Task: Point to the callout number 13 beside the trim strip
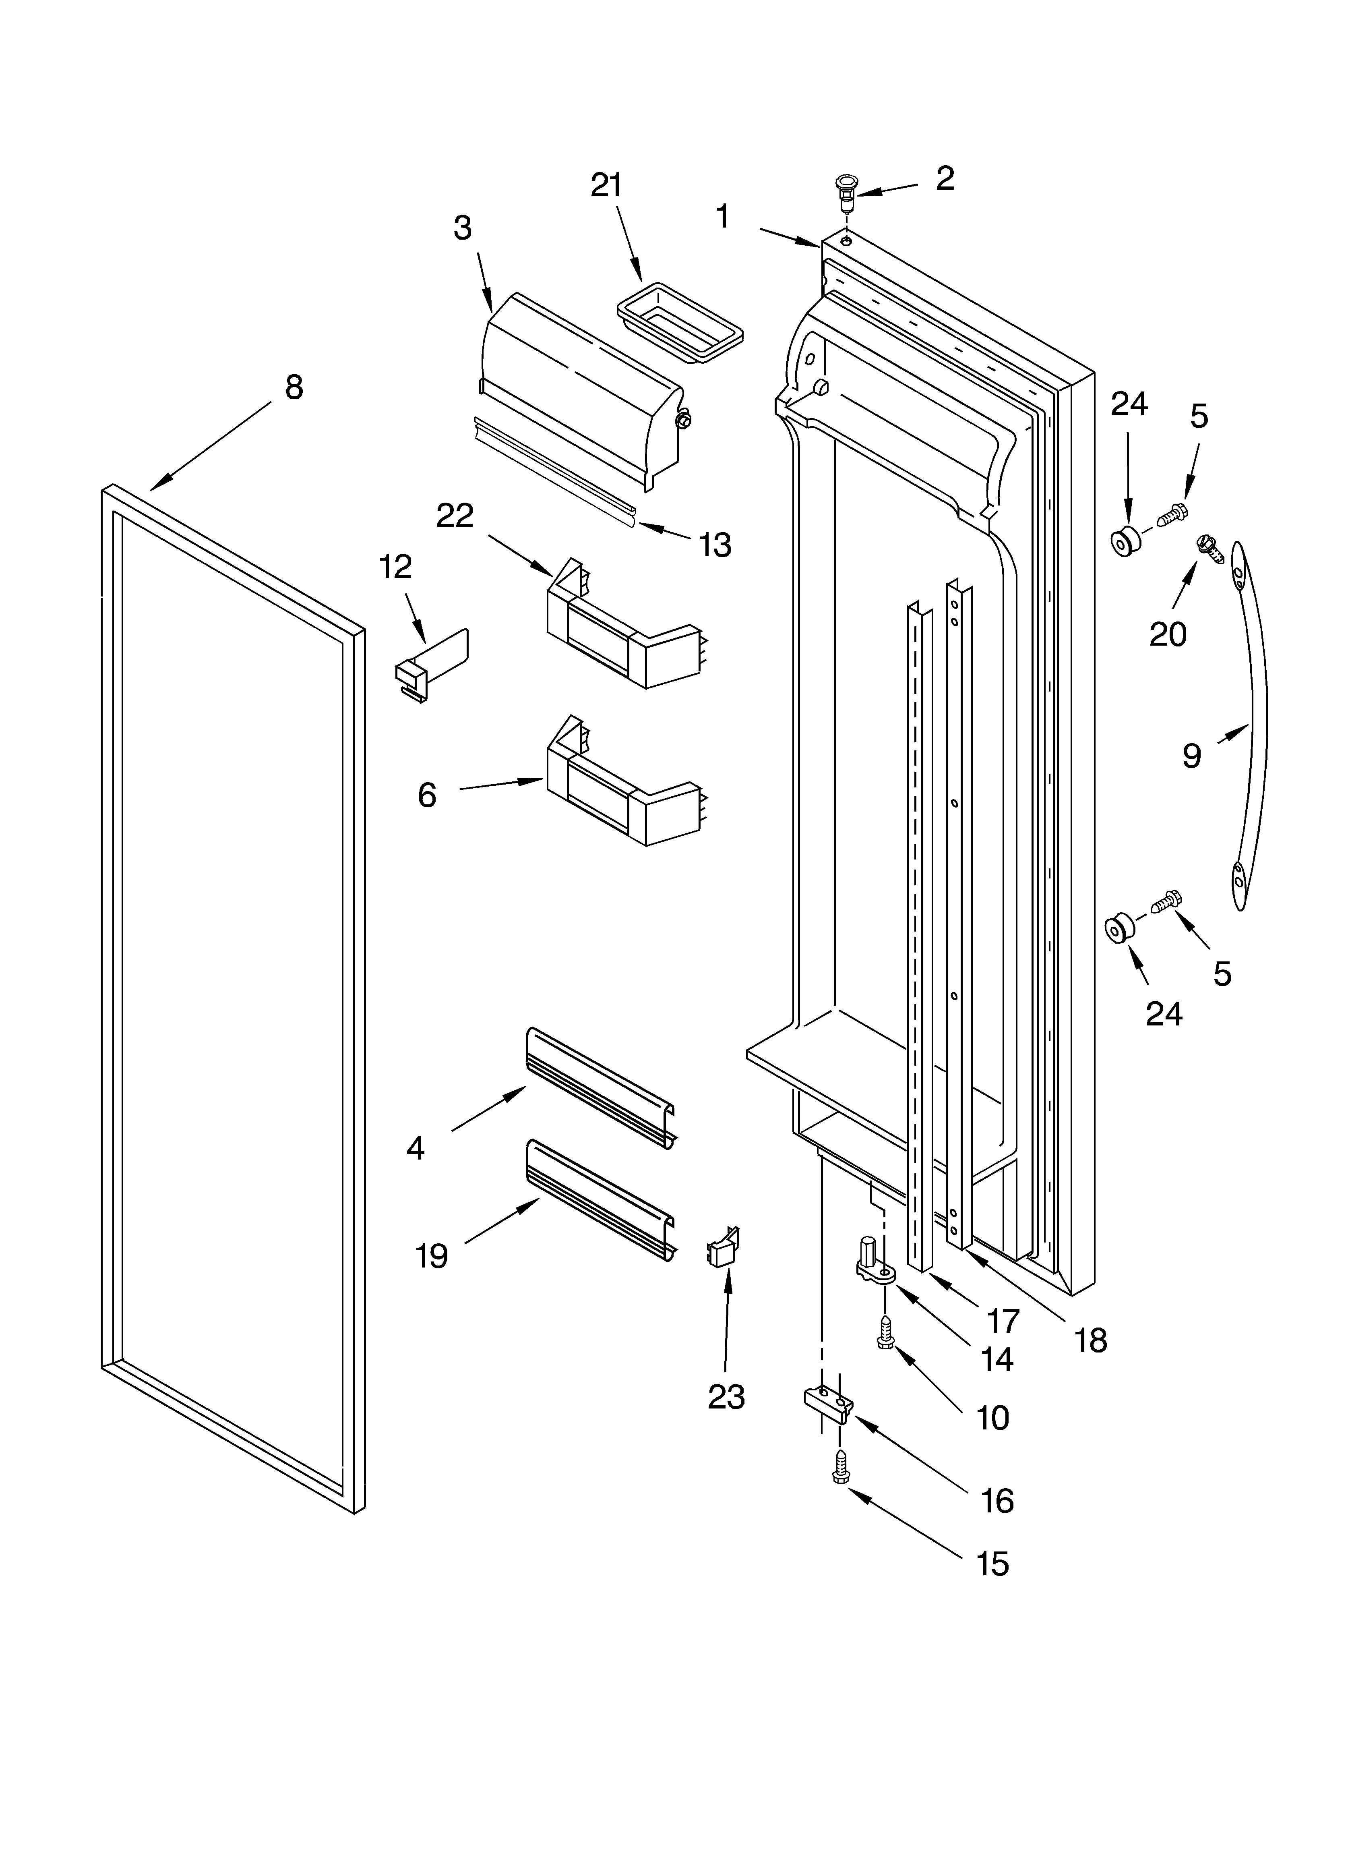(x=715, y=544)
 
